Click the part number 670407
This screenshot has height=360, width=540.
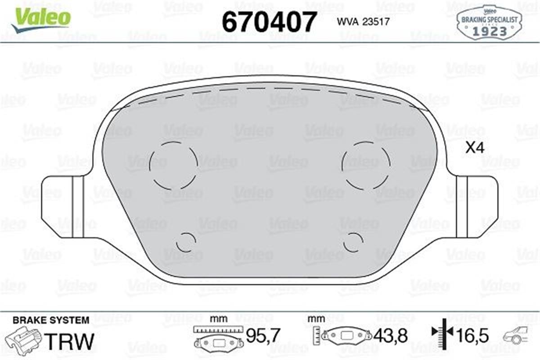pos(270,22)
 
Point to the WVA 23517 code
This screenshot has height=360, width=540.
pos(356,22)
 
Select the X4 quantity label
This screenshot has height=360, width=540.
pos(474,148)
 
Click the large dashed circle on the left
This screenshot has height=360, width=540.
pos(173,164)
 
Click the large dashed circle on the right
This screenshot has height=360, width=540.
pos(365,164)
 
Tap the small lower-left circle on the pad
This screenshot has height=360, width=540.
pos(186,243)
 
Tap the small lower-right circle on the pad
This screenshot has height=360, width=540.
pos(353,243)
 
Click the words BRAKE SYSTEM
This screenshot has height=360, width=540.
pos(51,320)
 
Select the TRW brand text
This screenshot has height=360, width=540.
pos(71,341)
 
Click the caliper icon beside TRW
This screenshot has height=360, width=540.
pos(27,340)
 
